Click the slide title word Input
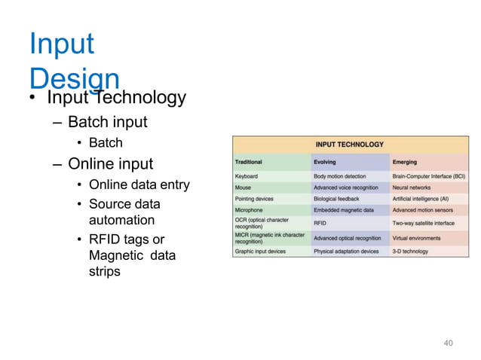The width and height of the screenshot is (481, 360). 62,44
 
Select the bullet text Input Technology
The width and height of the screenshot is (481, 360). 116,98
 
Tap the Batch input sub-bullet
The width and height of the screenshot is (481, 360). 107,122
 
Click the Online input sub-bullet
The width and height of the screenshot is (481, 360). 110,163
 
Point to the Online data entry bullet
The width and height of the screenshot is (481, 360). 139,185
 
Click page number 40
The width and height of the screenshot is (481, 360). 448,343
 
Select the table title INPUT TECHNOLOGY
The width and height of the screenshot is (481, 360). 349,145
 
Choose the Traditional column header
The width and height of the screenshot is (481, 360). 249,162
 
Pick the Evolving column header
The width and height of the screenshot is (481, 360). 326,162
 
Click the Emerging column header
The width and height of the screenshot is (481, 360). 406,162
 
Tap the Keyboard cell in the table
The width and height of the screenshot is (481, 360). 247,176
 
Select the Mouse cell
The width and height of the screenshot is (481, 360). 244,188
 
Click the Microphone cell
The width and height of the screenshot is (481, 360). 250,210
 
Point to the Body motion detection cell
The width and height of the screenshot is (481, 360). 340,176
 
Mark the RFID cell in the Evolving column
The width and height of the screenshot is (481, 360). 320,223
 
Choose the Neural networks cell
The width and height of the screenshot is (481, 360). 411,188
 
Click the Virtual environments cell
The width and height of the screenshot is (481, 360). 416,237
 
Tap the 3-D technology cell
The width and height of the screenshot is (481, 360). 409,251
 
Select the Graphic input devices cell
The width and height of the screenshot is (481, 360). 261,251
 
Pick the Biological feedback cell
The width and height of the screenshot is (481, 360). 336,199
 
